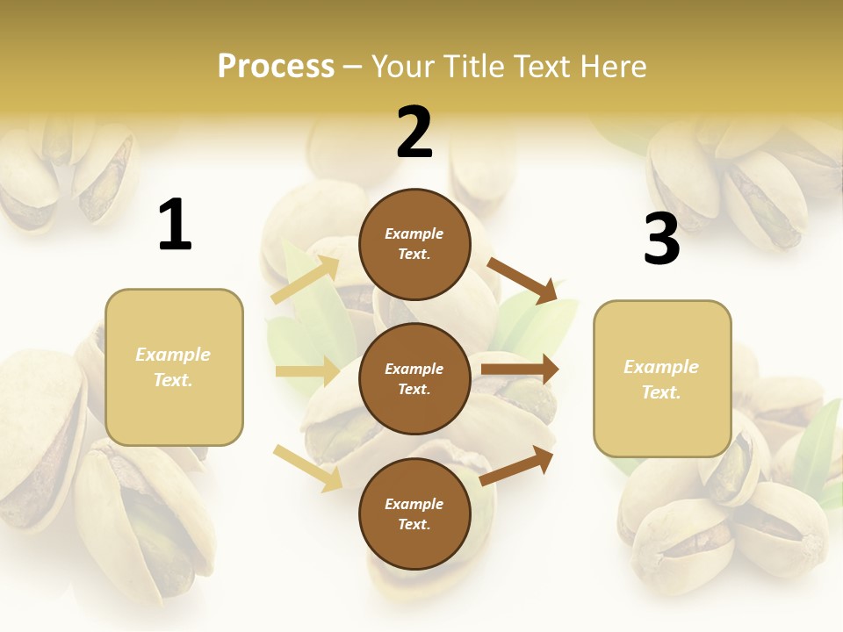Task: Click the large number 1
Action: tap(175, 226)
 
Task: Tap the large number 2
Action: tap(414, 133)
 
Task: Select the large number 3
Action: tap(661, 240)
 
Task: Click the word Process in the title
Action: tap(276, 66)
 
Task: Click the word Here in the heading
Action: tap(613, 66)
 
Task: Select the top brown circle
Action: tap(414, 244)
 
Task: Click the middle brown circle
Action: tap(414, 378)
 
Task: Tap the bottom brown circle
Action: tap(414, 513)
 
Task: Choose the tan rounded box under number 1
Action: tap(174, 367)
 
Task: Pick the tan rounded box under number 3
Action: tap(662, 378)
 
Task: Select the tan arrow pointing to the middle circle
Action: tap(307, 371)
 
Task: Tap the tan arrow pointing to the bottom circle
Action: tap(307, 467)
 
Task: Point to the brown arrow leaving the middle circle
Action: tap(520, 370)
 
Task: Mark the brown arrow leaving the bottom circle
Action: tap(517, 465)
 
